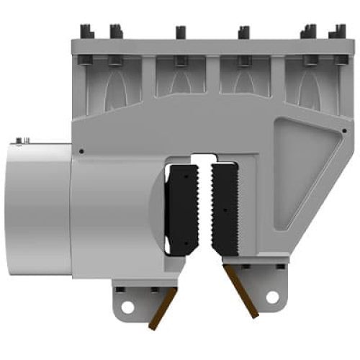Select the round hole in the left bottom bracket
(127, 307)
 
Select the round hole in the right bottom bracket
(271, 296)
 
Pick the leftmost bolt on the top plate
(86, 32)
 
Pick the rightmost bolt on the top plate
(334, 32)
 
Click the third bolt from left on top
(180, 32)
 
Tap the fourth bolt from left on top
(243, 32)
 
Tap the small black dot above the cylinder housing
(81, 151)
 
